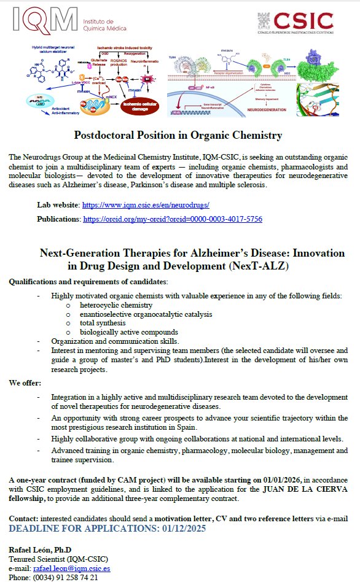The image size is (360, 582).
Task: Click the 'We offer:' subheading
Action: (x=25, y=382)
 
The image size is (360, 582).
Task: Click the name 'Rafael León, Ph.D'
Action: (x=40, y=549)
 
